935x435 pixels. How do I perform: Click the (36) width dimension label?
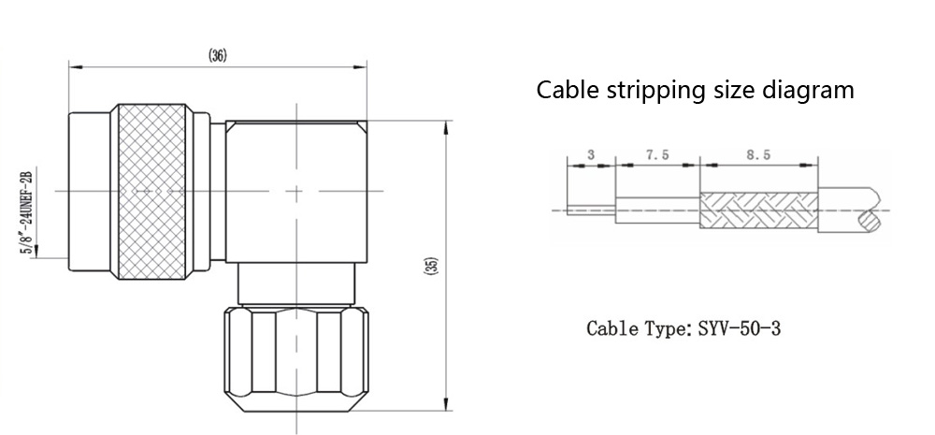217,55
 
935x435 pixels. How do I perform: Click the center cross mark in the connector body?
297,193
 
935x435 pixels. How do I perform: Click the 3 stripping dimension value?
591,156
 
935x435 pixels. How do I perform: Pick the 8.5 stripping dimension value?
759,156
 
